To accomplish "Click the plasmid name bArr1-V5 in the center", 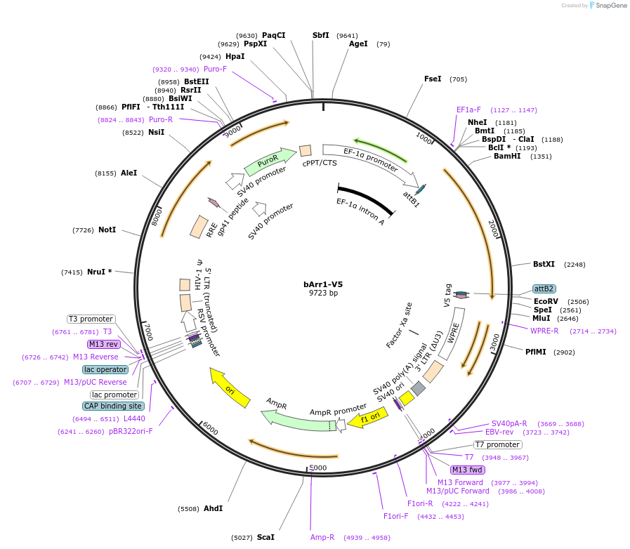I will tap(323, 284).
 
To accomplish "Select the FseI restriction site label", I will tap(433, 79).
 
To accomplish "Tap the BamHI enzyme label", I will tap(508, 157).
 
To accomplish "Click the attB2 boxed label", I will tap(544, 289).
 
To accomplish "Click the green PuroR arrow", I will tap(269, 162).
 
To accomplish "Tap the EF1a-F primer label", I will tap(468, 110).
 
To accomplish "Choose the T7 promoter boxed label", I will tap(497, 444).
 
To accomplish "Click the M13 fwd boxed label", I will tap(467, 470).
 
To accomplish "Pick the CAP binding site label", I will tap(114, 406).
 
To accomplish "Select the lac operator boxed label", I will tap(105, 369).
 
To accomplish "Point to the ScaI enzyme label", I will tap(265, 537).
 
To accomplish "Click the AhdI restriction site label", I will tap(213, 508).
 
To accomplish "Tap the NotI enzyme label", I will tap(107, 230).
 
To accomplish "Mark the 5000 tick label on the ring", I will tap(318, 467).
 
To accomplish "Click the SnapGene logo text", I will tap(608, 6).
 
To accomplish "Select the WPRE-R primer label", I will tap(544, 331).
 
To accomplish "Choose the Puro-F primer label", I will tap(215, 69).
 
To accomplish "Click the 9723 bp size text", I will tap(323, 293).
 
